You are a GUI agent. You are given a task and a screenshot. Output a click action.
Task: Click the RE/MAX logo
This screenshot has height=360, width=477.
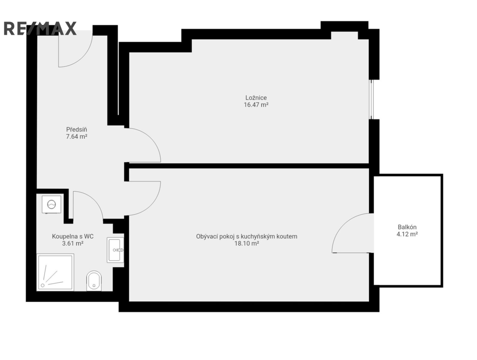point(40,29)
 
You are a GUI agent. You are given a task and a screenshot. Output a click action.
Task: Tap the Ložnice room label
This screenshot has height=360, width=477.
point(256,97)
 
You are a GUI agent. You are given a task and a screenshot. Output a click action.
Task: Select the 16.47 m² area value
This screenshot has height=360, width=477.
point(256,105)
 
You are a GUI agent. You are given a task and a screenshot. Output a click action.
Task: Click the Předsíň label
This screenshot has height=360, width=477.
point(76,129)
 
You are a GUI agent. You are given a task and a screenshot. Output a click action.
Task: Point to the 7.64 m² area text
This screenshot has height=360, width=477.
point(76,136)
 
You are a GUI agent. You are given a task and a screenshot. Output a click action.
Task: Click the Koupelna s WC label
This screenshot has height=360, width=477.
point(73,236)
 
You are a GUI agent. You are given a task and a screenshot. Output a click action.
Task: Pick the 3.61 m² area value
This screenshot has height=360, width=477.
point(73,243)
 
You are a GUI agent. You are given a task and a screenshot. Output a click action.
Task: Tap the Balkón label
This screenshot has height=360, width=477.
point(407,227)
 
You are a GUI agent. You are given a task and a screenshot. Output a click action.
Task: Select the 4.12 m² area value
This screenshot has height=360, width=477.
point(407,234)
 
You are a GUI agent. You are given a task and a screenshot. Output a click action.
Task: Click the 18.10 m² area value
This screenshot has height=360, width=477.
point(247,243)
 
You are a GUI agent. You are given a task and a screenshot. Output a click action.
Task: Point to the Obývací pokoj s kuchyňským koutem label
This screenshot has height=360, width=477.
point(247,236)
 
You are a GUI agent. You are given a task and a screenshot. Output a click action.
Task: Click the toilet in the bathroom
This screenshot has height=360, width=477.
point(94,281)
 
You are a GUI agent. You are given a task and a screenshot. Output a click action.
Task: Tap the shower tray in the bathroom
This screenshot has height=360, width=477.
point(55,272)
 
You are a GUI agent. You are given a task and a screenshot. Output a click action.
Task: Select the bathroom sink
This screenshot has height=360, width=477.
point(115,250)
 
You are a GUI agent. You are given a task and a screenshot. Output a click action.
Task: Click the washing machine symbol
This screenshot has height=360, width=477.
point(52,204)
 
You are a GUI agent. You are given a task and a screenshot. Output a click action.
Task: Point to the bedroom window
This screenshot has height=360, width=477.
point(371,99)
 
